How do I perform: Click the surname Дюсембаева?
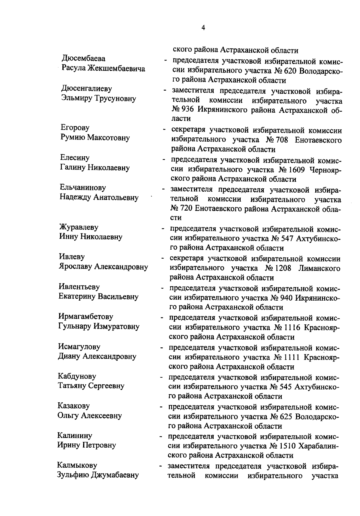pyautogui.click(x=83, y=58)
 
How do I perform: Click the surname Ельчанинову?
pyautogui.click(x=83, y=187)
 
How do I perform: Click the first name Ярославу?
pyautogui.click(x=75, y=266)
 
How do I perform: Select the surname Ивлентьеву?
pyautogui.click(x=79, y=286)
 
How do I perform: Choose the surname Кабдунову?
pyautogui.click(x=77, y=376)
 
